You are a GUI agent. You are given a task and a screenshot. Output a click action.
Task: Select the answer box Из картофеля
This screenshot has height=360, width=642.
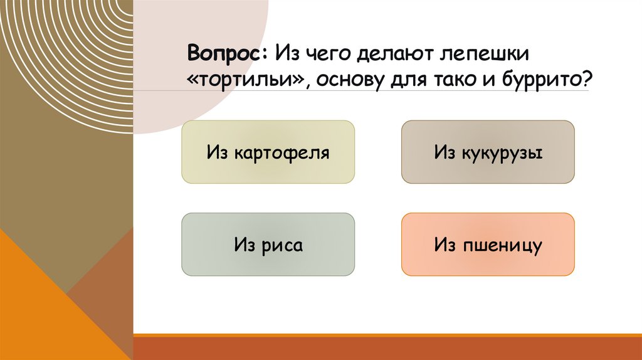coord(268,152)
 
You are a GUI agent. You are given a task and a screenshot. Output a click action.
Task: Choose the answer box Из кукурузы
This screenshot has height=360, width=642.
coord(488,152)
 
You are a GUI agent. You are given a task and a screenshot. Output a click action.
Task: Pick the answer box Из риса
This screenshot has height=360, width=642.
coord(268,245)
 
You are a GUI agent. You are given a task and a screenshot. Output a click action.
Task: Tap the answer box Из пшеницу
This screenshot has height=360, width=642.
coord(488,245)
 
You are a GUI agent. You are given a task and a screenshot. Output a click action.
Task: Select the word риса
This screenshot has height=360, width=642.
coord(282,245)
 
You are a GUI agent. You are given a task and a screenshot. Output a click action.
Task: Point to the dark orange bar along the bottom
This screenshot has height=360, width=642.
coord(387,347)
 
